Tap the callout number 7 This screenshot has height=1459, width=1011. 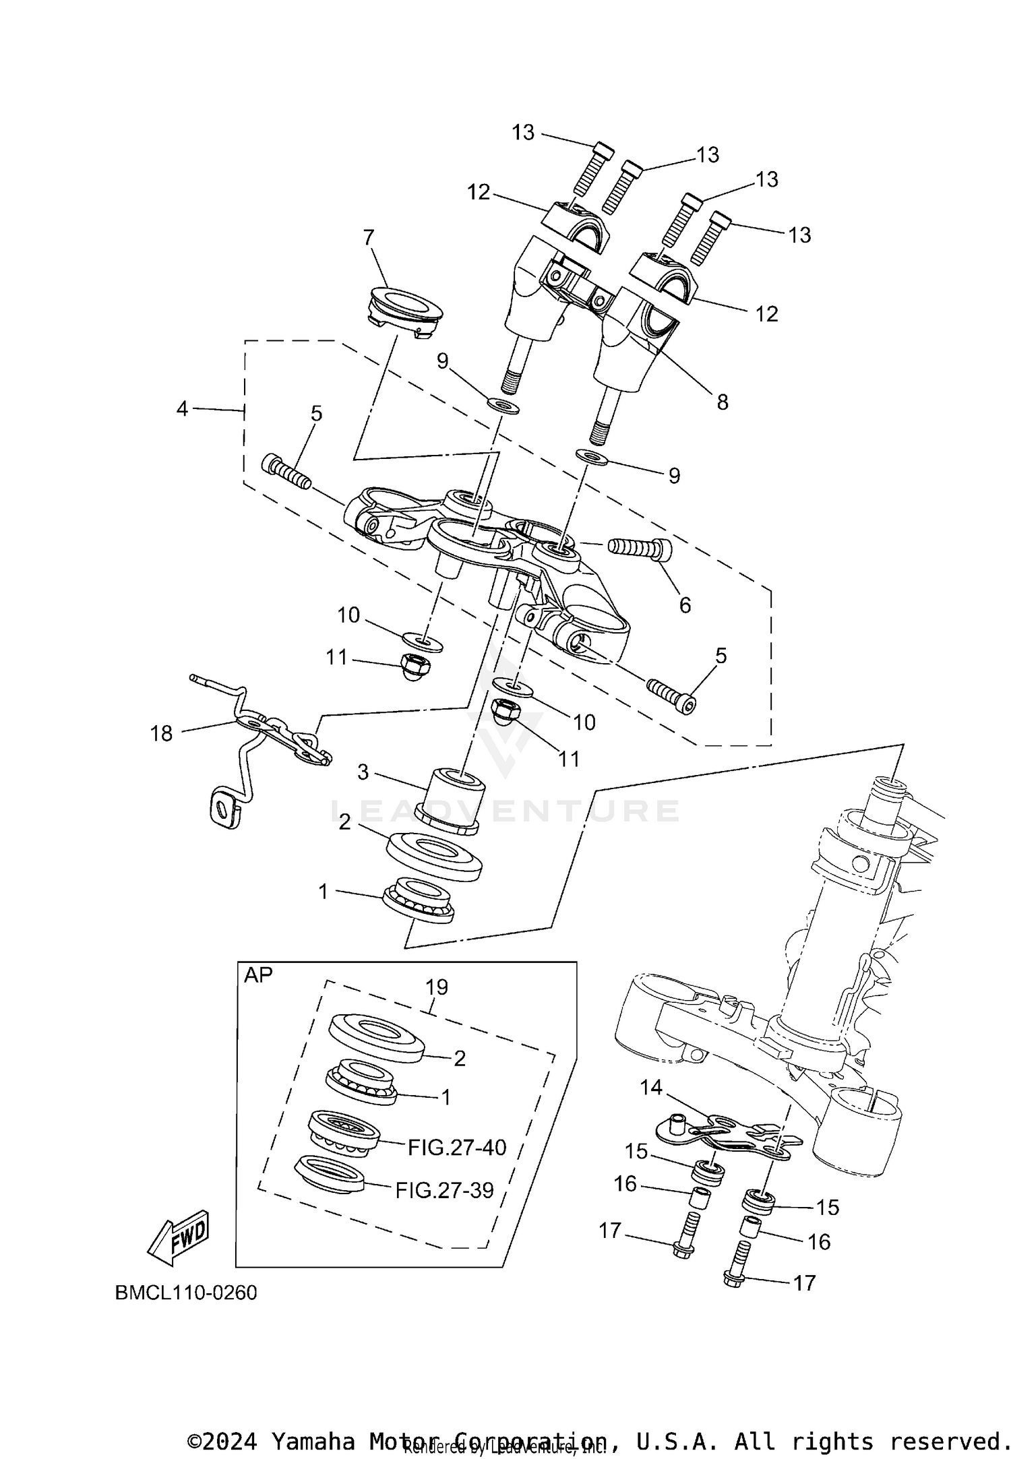368,238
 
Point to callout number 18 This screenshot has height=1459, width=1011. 162,733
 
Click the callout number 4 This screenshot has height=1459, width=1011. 182,408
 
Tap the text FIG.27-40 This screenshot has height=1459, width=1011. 456,1147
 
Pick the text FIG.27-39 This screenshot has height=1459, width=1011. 444,1190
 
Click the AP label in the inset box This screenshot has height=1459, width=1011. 258,975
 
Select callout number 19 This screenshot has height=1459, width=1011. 437,987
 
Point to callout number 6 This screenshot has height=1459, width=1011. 685,605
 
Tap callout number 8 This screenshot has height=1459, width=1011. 723,402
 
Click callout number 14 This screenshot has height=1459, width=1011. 651,1087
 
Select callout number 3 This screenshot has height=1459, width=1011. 363,772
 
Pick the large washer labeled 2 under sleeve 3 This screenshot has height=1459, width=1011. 435,856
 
